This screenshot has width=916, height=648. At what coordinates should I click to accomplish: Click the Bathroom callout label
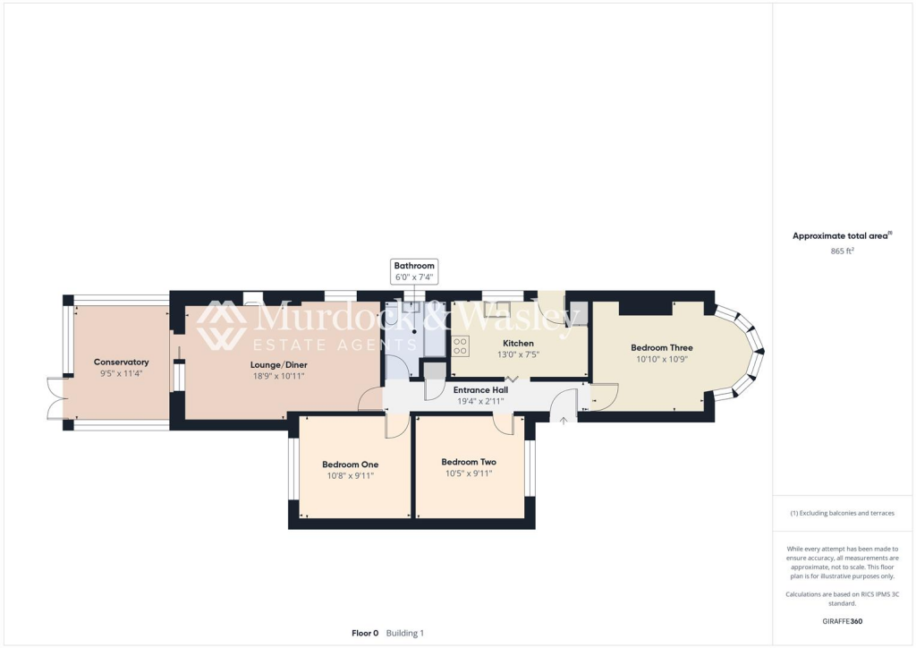(414, 266)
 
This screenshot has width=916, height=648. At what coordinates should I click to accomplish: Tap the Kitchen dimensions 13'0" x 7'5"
(518, 354)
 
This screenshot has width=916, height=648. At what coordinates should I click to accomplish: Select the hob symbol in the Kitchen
(462, 345)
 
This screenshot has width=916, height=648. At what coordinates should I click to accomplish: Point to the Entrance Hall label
(478, 390)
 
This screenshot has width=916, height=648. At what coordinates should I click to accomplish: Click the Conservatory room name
(121, 362)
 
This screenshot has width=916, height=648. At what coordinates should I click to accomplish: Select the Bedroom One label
(350, 465)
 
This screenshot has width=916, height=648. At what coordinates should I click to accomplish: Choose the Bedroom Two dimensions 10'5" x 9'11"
(469, 473)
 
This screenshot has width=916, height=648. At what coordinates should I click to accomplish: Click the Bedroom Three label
(661, 347)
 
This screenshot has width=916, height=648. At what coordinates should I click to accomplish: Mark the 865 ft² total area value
(842, 252)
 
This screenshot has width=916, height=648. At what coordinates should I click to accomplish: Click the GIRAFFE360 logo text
(842, 620)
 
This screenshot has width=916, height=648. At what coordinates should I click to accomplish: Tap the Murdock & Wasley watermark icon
(222, 325)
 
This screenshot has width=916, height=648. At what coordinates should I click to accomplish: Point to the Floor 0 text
(365, 633)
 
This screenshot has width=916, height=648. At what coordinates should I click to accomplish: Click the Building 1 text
(404, 633)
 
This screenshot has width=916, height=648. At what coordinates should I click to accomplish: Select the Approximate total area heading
(841, 236)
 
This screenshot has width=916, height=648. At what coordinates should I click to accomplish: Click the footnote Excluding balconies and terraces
(842, 513)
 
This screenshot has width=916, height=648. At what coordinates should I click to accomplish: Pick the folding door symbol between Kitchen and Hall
(512, 379)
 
